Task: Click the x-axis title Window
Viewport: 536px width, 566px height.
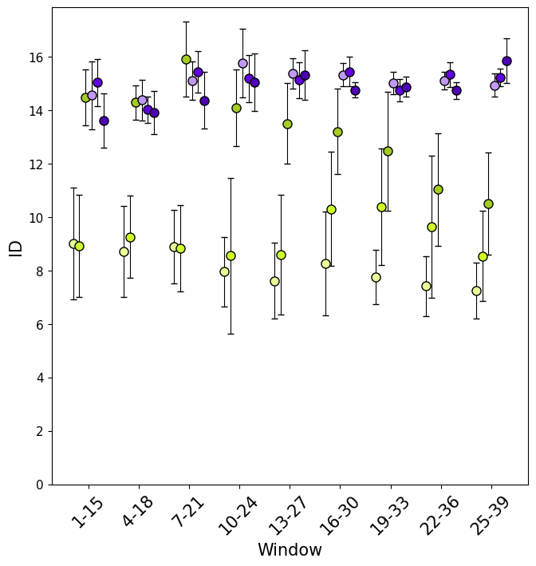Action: click(290, 550)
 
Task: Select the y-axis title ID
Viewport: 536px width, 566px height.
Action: click(16, 247)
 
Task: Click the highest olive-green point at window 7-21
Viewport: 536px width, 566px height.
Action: click(186, 59)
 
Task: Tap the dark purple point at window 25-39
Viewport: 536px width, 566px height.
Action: click(506, 61)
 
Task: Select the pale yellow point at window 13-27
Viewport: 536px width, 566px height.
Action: click(274, 281)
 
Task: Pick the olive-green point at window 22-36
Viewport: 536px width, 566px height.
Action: click(438, 189)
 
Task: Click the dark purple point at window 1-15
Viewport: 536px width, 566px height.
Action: click(104, 121)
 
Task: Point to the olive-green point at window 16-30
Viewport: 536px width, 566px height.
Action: click(337, 132)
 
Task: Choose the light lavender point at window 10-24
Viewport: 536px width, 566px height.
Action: click(242, 63)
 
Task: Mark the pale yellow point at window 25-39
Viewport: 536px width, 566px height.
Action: click(476, 291)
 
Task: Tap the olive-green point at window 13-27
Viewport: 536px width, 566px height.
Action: click(287, 124)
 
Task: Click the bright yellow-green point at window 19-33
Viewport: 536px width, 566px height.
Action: click(381, 207)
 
